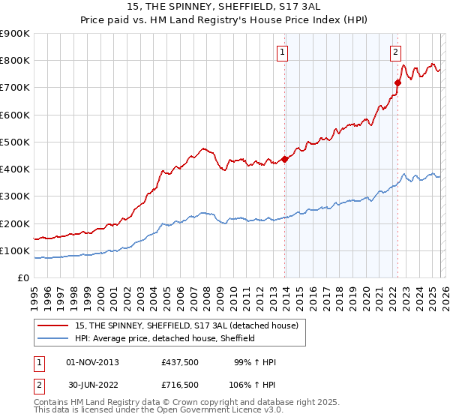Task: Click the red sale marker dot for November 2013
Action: [x=285, y=158]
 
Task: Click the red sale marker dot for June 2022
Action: [x=398, y=82]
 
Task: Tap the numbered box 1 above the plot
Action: [x=283, y=52]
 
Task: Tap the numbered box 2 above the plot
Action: [x=395, y=52]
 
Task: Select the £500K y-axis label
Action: [x=15, y=142]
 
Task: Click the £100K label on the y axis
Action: [x=15, y=250]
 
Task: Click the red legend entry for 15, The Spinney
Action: [x=187, y=325]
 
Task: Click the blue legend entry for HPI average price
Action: [x=165, y=338]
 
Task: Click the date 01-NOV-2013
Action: [x=93, y=362]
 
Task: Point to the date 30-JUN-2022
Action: [x=93, y=384]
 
